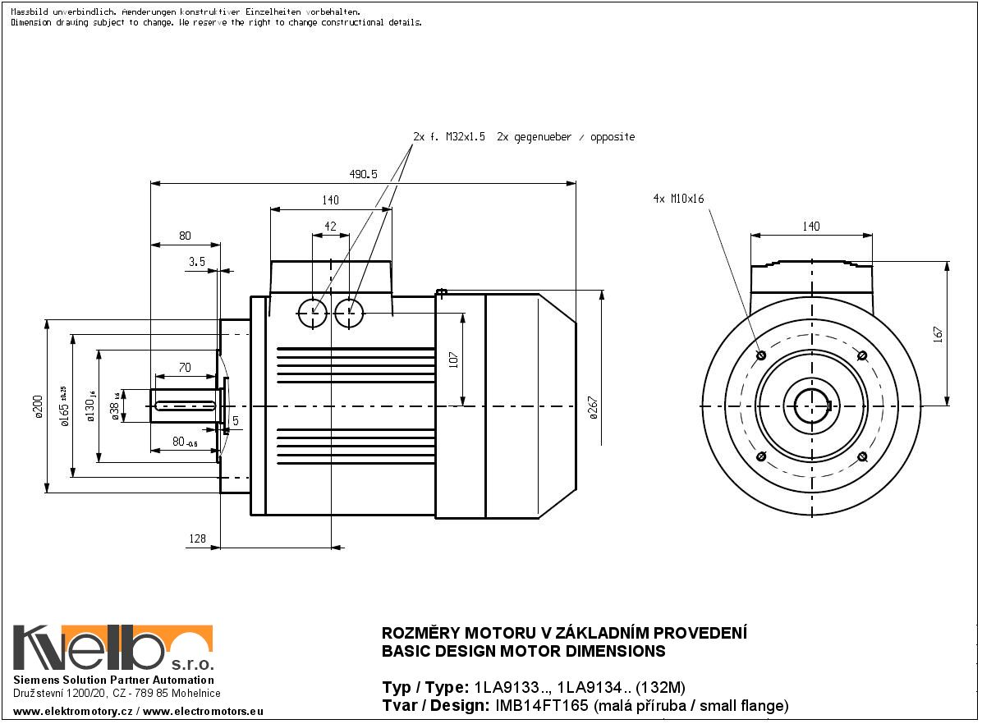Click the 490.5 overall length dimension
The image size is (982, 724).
[362, 174]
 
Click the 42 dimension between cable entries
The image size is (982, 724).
[330, 226]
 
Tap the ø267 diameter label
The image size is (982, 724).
[593, 407]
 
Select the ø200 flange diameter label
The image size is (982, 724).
[37, 406]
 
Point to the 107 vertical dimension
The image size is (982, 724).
[452, 360]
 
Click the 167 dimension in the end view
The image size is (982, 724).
[938, 333]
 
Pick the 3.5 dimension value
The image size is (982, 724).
[196, 261]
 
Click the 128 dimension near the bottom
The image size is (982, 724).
[197, 538]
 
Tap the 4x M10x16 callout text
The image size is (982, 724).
[678, 199]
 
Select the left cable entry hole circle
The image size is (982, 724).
[313, 312]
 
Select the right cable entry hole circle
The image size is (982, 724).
[350, 312]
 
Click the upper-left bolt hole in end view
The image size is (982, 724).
[760, 355]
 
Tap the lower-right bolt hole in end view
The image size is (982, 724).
[862, 456]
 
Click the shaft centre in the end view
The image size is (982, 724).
[811, 406]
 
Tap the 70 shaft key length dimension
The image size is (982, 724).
[184, 368]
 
